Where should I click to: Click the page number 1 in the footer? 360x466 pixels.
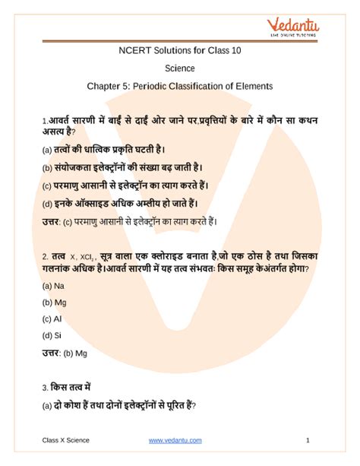coord(307,440)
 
